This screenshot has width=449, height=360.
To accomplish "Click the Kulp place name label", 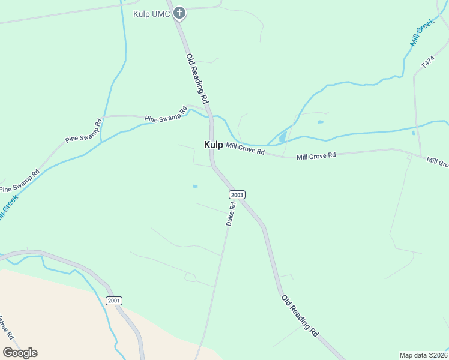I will click(213, 145).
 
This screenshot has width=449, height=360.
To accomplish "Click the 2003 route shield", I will click(237, 194).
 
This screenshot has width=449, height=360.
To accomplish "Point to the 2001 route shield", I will click(113, 301).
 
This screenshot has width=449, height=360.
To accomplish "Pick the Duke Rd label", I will click(230, 214).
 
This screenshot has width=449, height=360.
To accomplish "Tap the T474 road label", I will click(427, 62).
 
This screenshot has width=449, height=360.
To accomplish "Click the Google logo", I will click(19, 353).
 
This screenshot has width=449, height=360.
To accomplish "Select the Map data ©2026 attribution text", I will click(423, 355).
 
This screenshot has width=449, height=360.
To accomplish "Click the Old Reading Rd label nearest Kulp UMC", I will click(196, 78).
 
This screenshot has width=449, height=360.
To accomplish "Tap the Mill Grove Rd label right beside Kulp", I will click(245, 149).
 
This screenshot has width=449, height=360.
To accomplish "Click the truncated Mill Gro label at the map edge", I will click(438, 162).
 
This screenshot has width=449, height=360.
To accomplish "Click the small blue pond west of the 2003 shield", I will click(195, 186).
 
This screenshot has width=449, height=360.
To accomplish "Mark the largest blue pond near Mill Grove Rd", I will click(282, 138).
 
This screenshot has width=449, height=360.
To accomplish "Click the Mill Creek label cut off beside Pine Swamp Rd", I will click(7, 207).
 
